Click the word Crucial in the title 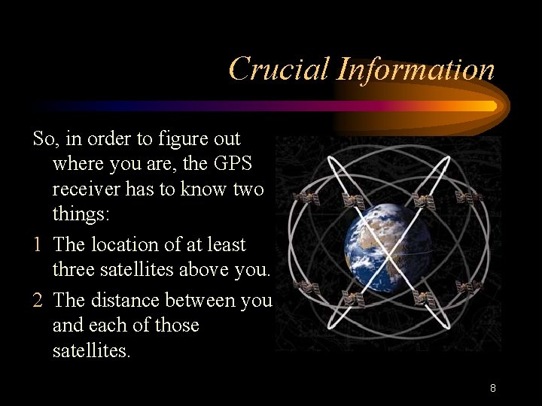point(278,69)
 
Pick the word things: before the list point(81,214)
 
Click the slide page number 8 point(492,389)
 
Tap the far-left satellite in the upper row point(305,198)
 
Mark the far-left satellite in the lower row point(305,287)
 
